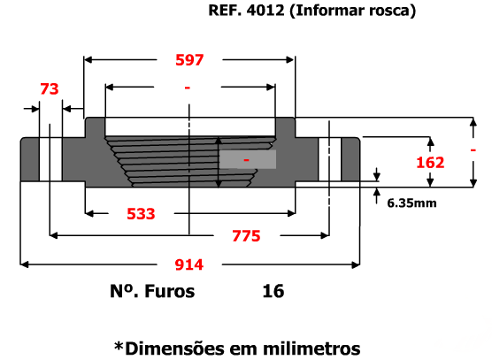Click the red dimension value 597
tap(189, 60)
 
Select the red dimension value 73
tap(50, 89)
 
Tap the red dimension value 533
tap(141, 214)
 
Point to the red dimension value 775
tap(246, 236)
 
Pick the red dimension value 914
tap(189, 264)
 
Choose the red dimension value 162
tap(430, 163)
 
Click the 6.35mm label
tap(411, 203)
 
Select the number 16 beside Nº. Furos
tap(273, 291)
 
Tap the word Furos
tap(169, 291)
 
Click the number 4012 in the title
tap(265, 11)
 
